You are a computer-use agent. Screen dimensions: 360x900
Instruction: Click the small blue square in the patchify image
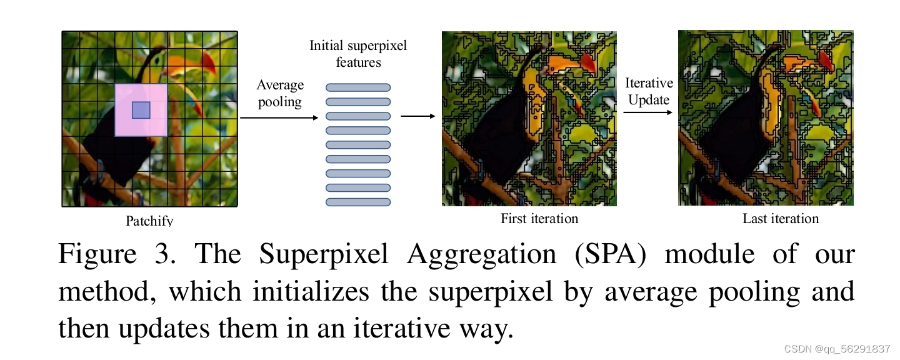[141, 110]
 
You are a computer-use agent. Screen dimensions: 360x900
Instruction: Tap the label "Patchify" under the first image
[149, 221]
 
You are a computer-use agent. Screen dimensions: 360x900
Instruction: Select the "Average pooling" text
[280, 93]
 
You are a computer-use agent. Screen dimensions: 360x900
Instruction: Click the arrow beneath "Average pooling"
[279, 117]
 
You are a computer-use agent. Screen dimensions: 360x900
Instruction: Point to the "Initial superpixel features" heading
[358, 54]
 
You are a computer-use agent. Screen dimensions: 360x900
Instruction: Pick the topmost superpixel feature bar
[358, 87]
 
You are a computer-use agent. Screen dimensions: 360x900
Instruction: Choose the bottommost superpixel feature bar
[358, 202]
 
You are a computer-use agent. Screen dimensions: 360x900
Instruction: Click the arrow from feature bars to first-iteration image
[417, 116]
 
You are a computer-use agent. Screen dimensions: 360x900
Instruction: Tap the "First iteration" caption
[539, 219]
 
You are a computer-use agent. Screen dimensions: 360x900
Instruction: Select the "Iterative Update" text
[649, 91]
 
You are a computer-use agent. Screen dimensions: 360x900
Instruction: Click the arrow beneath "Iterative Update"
[647, 112]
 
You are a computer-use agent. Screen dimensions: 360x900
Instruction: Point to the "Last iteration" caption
[781, 219]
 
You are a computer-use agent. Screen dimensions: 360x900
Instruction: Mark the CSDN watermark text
[837, 349]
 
